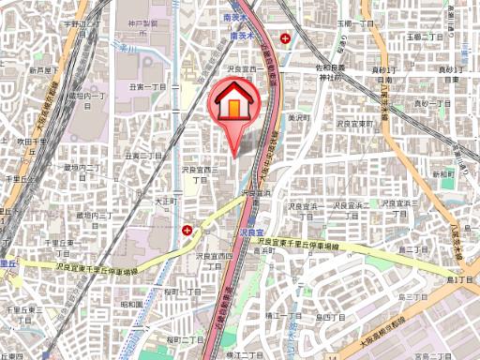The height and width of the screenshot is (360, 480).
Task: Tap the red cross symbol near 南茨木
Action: (297, 38)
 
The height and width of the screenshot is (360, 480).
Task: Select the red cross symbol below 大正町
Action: (187, 230)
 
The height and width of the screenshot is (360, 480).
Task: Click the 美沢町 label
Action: (298, 117)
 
